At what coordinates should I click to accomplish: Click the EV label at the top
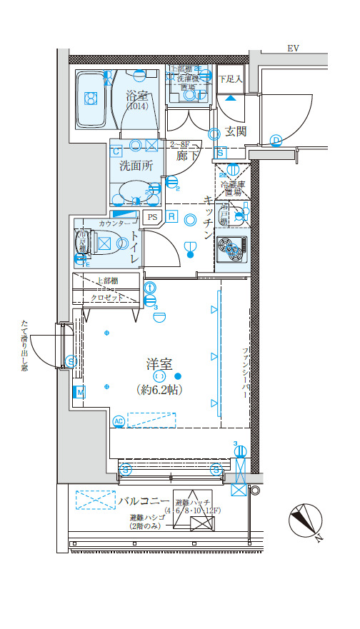(x=293, y=49)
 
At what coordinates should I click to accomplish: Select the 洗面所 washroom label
(x=136, y=166)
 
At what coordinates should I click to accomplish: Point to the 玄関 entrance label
(x=235, y=131)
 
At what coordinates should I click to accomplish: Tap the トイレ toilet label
(x=134, y=247)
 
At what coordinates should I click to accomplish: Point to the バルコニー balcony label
(x=144, y=500)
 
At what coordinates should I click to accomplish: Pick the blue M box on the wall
(x=79, y=391)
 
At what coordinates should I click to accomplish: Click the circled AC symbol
(x=119, y=421)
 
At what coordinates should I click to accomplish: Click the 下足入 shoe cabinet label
(x=230, y=79)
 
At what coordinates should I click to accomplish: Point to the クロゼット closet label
(x=106, y=297)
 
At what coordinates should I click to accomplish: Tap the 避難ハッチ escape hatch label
(x=192, y=503)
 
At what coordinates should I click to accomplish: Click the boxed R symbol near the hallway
(x=172, y=216)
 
